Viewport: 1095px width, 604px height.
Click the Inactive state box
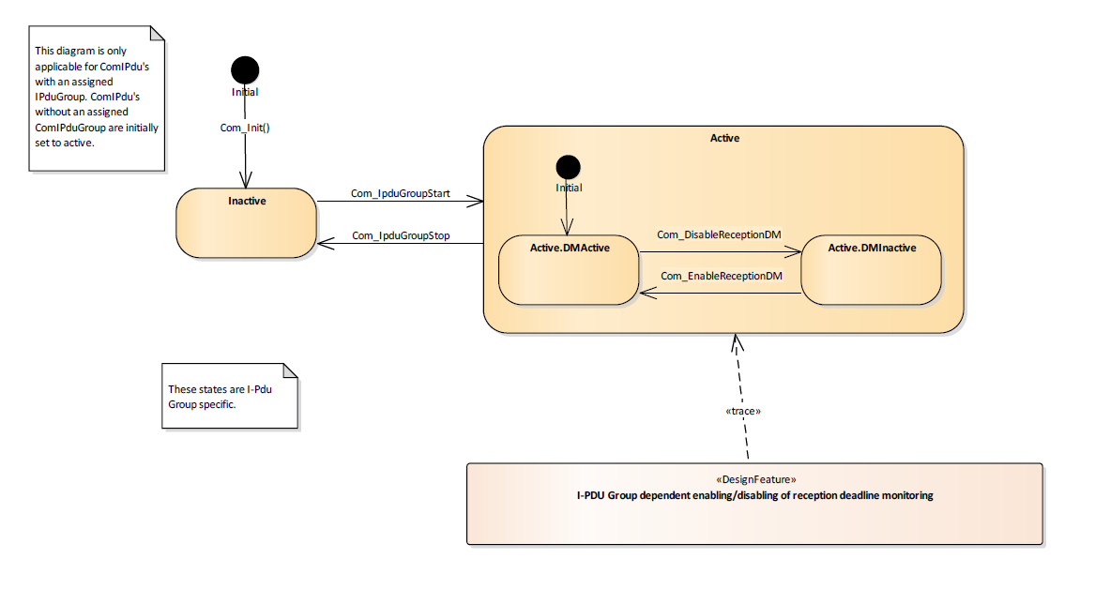pyautogui.click(x=247, y=222)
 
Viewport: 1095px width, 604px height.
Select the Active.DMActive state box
pyautogui.click(x=569, y=270)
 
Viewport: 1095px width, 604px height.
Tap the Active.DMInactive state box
pyautogui.click(x=871, y=270)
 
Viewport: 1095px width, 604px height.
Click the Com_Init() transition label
pyautogui.click(x=245, y=128)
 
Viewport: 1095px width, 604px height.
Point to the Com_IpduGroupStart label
pyautogui.click(x=401, y=194)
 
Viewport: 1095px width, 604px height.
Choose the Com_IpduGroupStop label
pyautogui.click(x=401, y=235)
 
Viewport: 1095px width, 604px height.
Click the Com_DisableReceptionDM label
pyautogui.click(x=719, y=234)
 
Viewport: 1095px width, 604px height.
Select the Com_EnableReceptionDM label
pyautogui.click(x=721, y=276)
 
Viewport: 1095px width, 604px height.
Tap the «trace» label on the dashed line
pyautogui.click(x=743, y=411)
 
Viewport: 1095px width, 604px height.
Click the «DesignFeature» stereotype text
pyautogui.click(x=754, y=479)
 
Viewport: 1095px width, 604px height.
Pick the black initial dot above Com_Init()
pyautogui.click(x=245, y=69)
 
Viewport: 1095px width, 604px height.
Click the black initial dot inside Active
pyautogui.click(x=568, y=168)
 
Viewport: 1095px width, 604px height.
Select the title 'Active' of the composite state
pyautogui.click(x=724, y=138)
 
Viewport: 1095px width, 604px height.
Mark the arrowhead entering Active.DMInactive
pyautogui.click(x=795, y=251)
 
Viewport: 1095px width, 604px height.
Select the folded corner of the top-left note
pyautogui.click(x=158, y=33)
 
